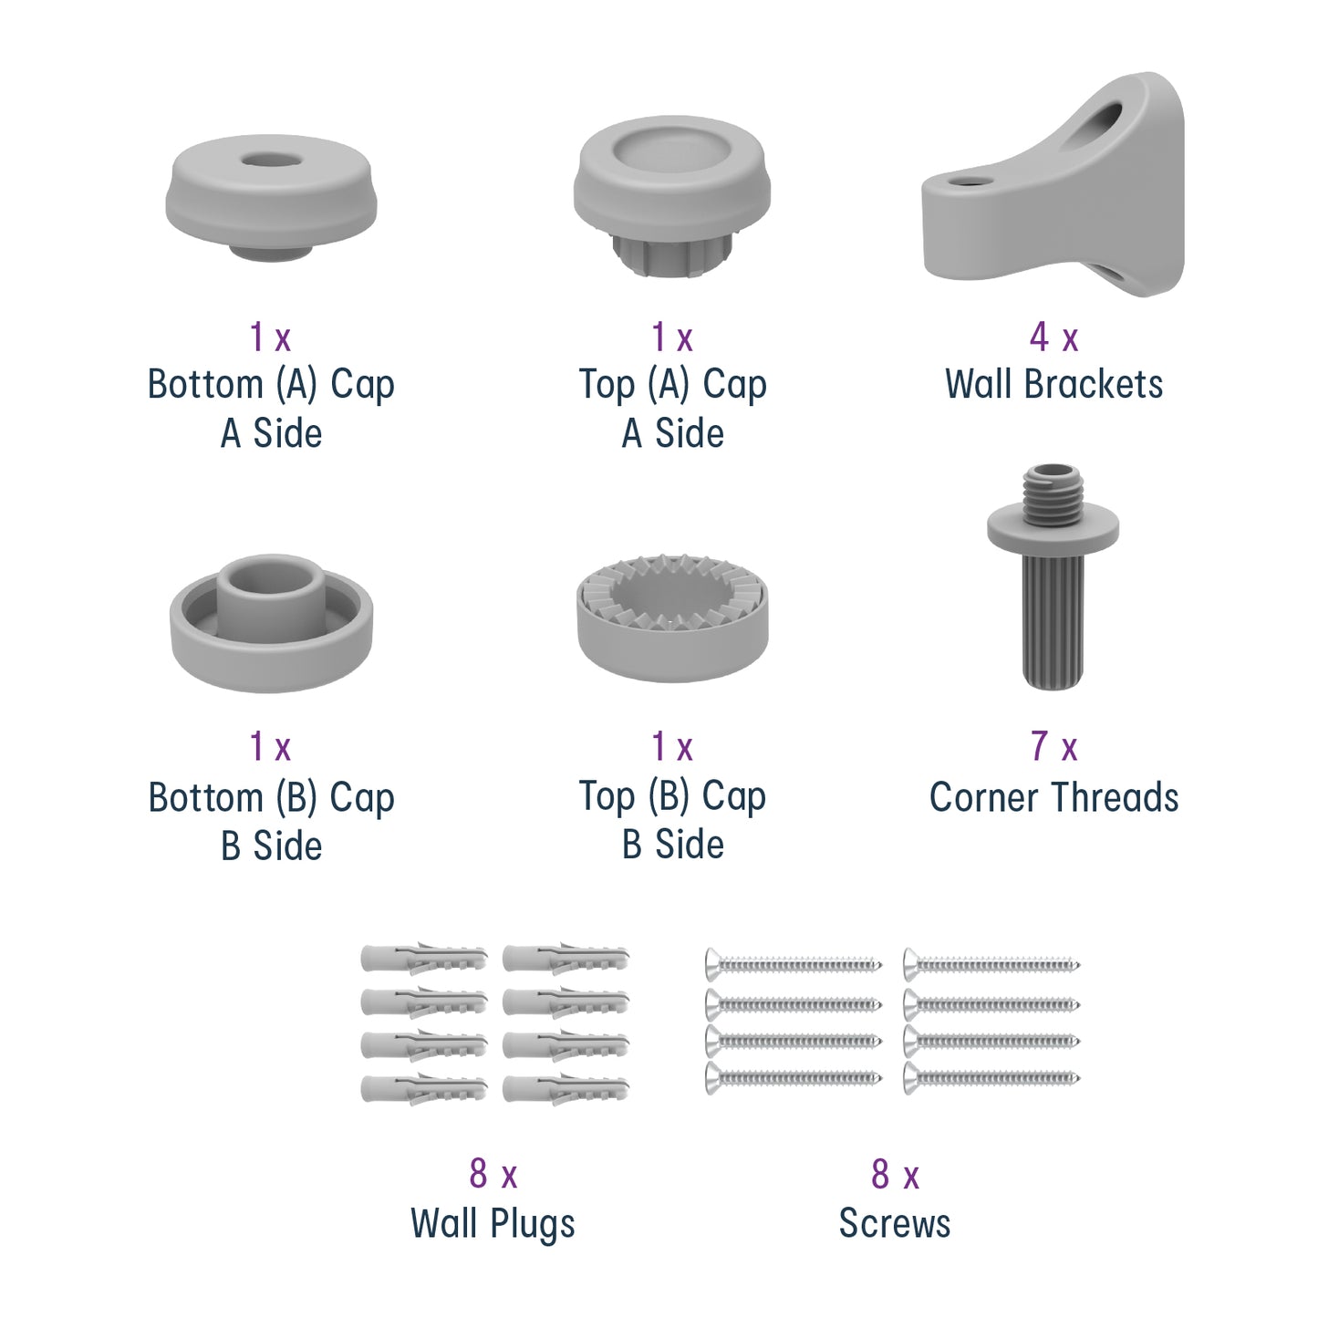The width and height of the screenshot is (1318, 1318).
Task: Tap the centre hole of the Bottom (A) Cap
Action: pos(271,161)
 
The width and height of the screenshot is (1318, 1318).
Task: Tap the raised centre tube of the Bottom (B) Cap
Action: pos(271,593)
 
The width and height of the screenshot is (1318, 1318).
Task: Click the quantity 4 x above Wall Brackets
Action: pos(1053,338)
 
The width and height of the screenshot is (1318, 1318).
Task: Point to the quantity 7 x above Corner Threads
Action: pos(1053,747)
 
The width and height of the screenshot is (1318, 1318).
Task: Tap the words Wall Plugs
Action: pos(493,1224)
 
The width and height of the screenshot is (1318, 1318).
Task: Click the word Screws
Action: pos(894,1224)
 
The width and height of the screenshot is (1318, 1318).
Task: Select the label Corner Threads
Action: pos(1053,797)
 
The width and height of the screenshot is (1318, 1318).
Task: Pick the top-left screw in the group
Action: pos(794,963)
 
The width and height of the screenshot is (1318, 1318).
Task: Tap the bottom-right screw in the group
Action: pos(991,1079)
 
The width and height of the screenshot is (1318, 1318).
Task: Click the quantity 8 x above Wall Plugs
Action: pos(493,1175)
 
